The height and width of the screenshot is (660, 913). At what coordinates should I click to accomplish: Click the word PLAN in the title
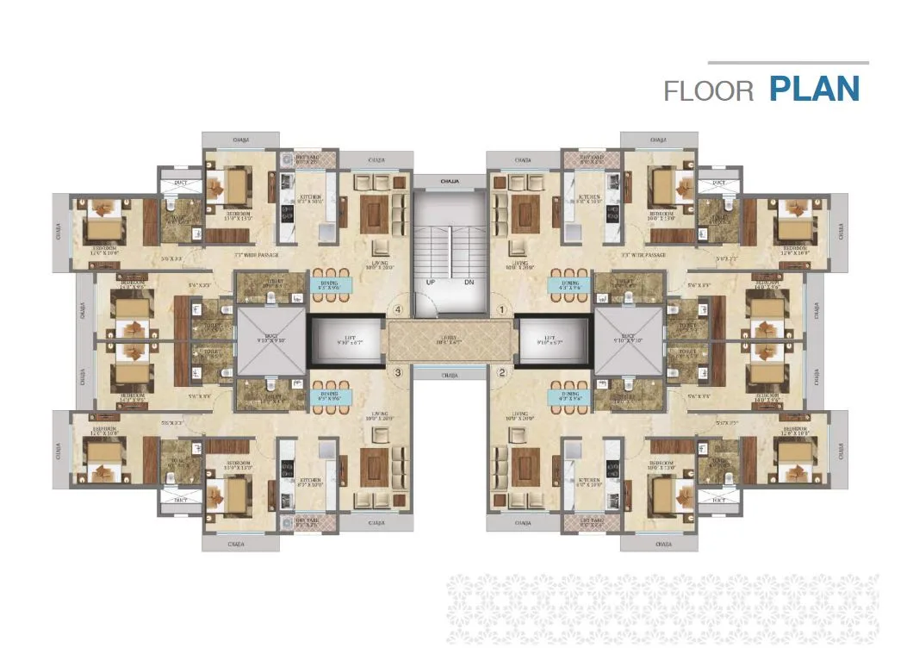[814, 89]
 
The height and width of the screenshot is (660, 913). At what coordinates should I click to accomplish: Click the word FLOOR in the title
[709, 90]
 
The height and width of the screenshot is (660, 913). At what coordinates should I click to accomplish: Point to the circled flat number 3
[398, 373]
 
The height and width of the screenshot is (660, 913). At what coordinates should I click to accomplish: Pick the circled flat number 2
[501, 373]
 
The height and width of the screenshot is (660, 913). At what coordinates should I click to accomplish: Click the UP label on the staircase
[429, 282]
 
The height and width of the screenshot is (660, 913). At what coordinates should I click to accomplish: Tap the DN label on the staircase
[469, 282]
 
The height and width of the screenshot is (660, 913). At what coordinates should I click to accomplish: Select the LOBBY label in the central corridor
[449, 339]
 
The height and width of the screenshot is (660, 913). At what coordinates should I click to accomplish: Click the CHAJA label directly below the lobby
[449, 375]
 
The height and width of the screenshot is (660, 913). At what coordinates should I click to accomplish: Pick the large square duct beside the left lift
[271, 341]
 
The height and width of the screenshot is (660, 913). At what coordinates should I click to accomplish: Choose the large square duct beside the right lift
[628, 341]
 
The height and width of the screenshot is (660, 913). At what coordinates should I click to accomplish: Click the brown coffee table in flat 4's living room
[376, 209]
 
